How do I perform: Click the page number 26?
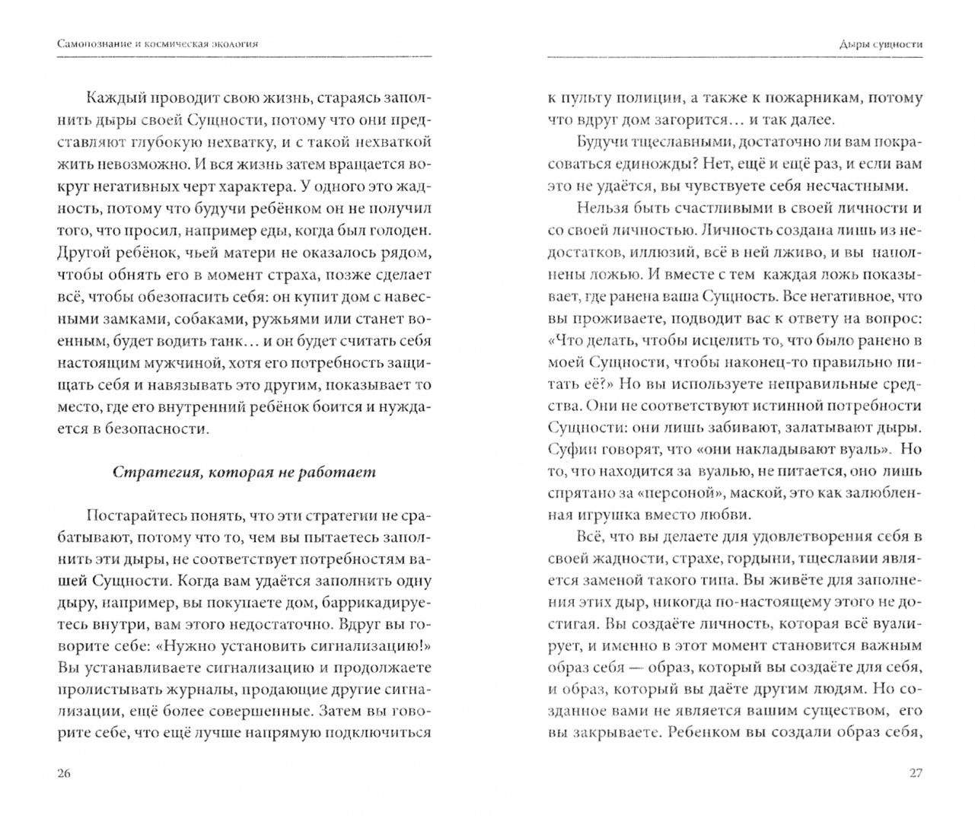click(x=64, y=773)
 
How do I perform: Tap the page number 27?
click(x=916, y=773)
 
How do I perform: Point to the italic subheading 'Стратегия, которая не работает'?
click(x=244, y=472)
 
